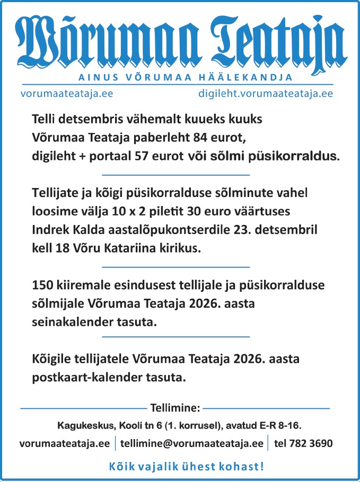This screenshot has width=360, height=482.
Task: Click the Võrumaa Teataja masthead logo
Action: click(x=180, y=40)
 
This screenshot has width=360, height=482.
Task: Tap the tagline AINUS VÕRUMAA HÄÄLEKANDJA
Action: click(x=186, y=77)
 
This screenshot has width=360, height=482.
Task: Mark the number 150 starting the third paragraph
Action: click(x=42, y=285)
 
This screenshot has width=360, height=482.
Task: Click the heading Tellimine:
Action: click(x=175, y=408)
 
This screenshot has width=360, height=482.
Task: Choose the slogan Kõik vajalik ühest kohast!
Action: click(x=186, y=467)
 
